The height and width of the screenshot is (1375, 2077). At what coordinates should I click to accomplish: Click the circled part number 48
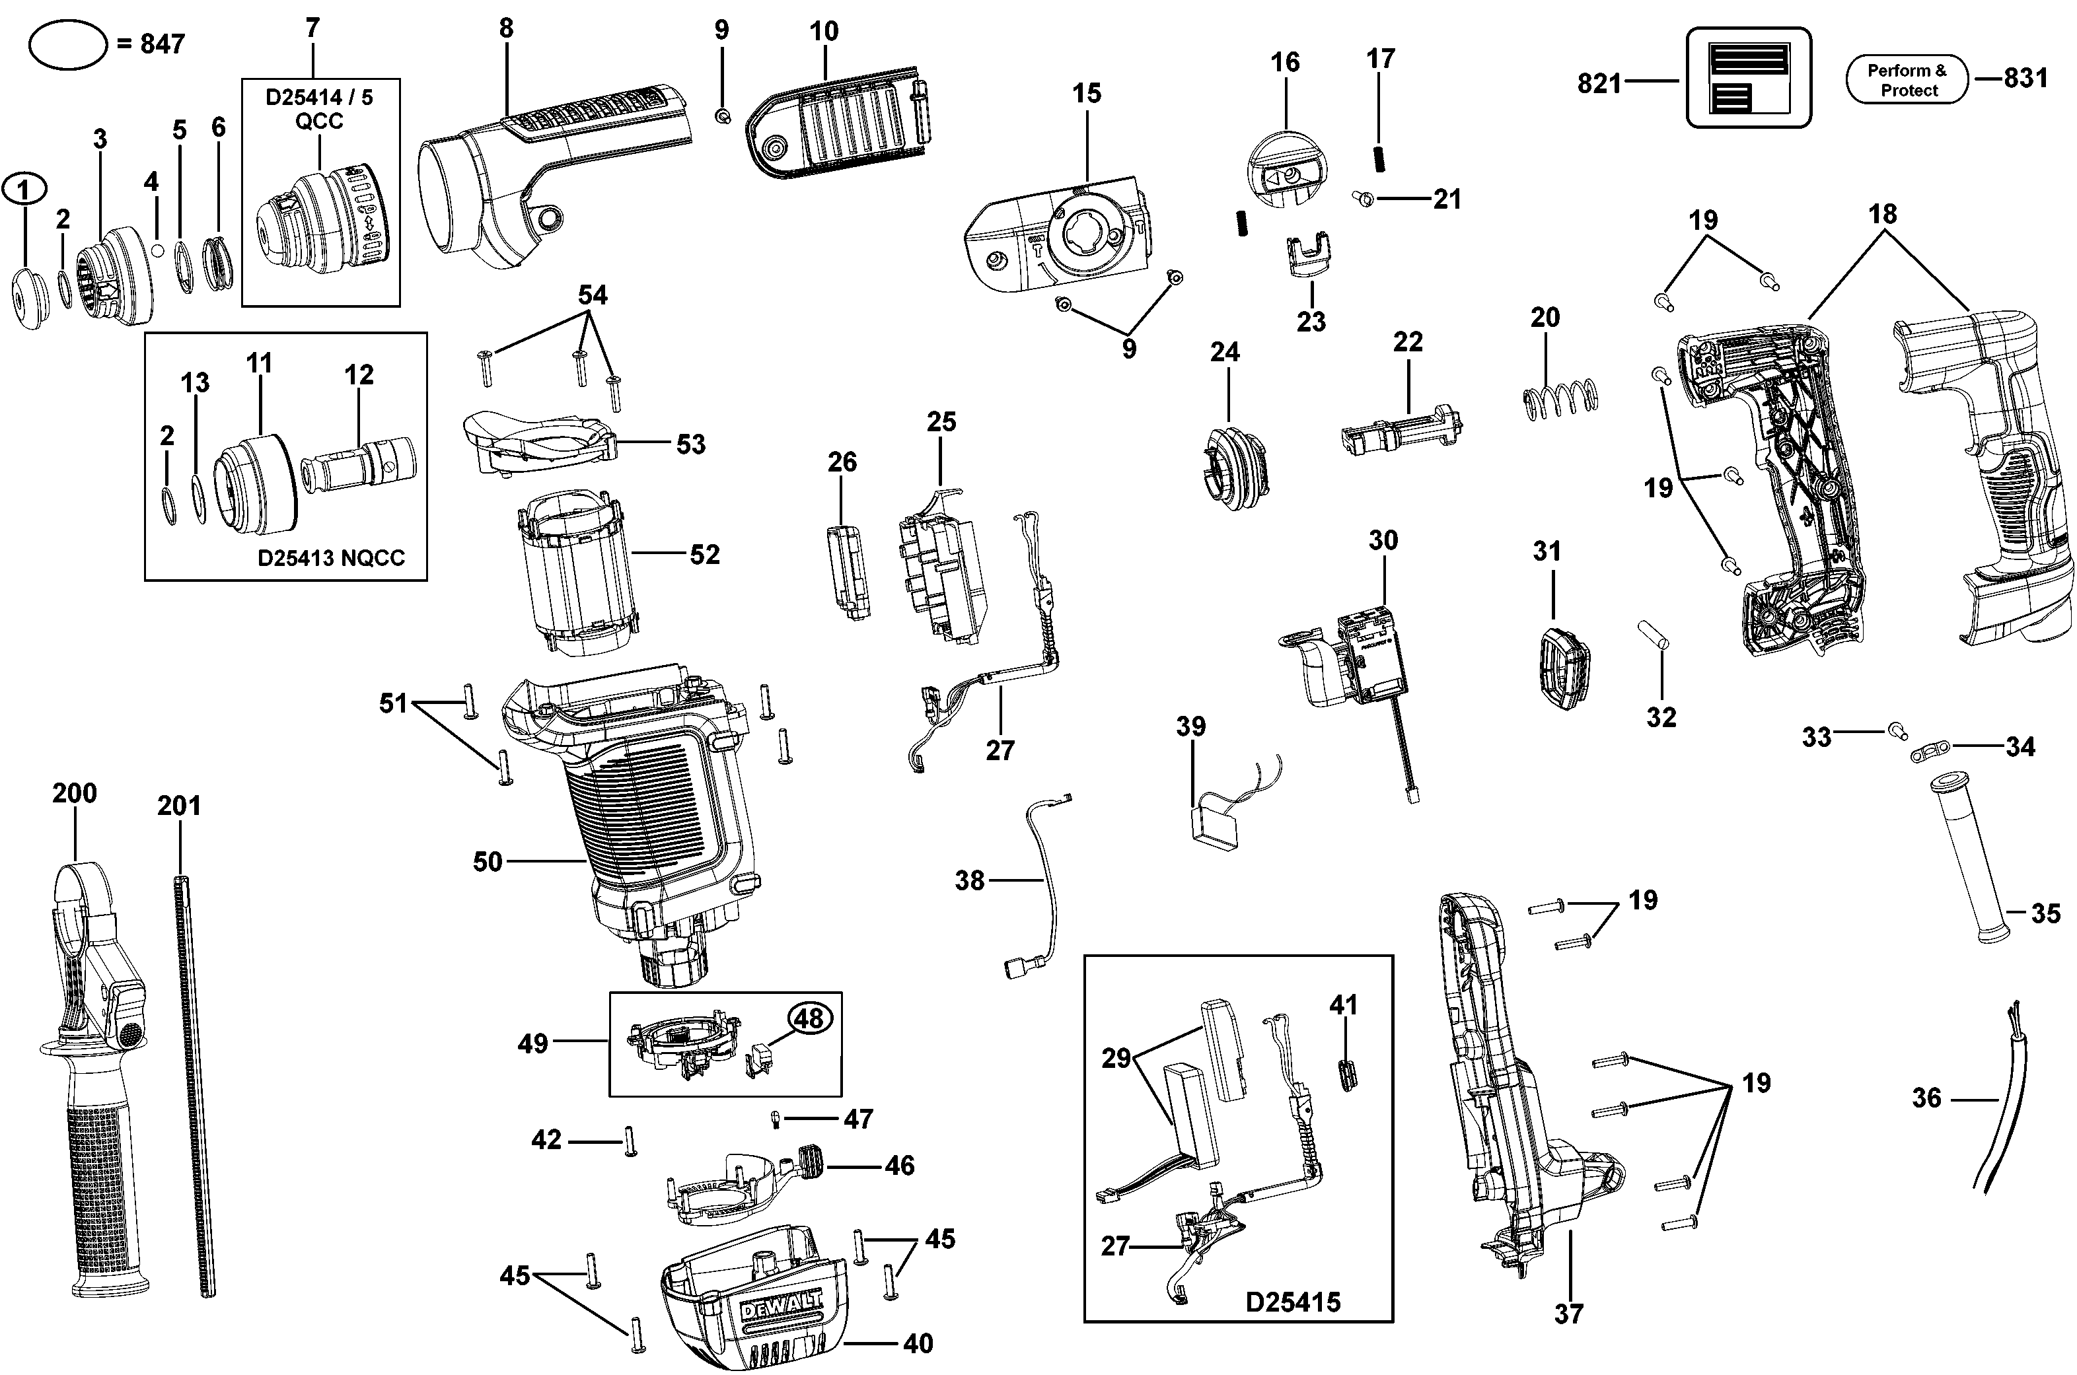tap(809, 1018)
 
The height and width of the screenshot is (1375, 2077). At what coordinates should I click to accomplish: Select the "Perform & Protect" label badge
tap(1907, 81)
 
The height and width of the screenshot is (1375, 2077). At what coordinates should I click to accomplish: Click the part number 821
tap(1599, 83)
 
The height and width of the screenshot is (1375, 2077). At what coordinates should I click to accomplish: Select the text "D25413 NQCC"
tap(331, 559)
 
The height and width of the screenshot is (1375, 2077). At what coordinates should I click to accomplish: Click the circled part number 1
tap(24, 190)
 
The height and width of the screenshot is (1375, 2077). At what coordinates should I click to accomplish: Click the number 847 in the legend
tap(163, 44)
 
